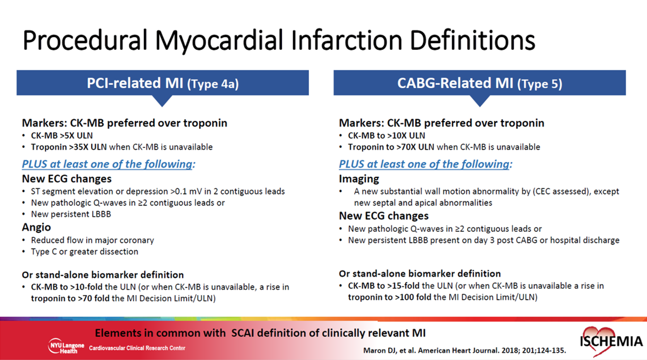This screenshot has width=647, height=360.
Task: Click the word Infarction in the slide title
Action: pyautogui.click(x=348, y=41)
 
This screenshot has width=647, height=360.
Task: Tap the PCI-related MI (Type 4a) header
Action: pyautogui.click(x=163, y=83)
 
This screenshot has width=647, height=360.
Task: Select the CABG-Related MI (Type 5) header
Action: pyautogui.click(x=479, y=83)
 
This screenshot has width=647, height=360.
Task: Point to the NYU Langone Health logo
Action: pyautogui.click(x=66, y=346)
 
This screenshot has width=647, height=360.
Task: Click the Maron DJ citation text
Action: pyautogui.click(x=464, y=351)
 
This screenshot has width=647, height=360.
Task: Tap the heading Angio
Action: pyautogui.click(x=36, y=227)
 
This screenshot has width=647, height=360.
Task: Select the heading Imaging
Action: pyautogui.click(x=359, y=179)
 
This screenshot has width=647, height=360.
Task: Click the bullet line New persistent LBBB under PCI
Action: pyautogui.click(x=71, y=214)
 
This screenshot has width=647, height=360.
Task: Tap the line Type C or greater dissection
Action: pyautogui.click(x=84, y=252)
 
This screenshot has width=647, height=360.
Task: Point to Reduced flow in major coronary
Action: pyautogui.click(x=93, y=241)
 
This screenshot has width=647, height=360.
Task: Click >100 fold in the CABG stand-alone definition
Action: pyautogui.click(x=411, y=298)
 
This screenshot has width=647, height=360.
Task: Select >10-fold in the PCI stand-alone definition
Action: pyautogui.click(x=87, y=287)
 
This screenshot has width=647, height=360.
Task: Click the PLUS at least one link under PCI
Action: pyautogui.click(x=109, y=164)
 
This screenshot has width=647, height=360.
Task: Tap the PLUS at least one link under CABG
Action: pyautogui.click(x=425, y=164)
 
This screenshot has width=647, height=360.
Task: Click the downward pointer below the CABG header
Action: pyautogui.click(x=479, y=100)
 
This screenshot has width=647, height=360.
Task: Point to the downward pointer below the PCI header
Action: pyautogui.click(x=162, y=100)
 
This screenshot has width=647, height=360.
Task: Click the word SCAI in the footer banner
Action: pyautogui.click(x=243, y=333)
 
